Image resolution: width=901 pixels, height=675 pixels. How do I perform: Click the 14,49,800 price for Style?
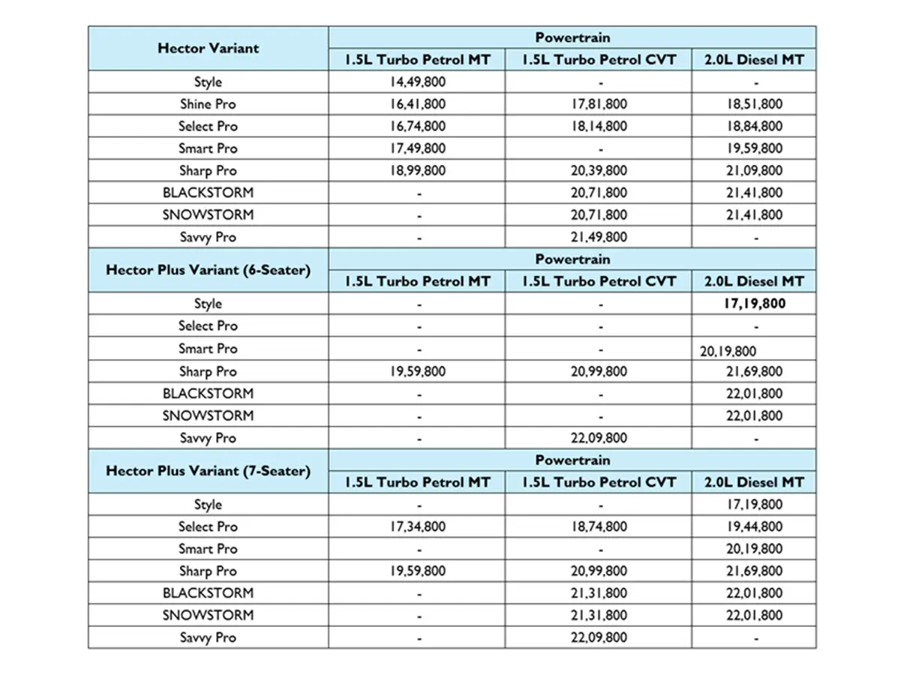point(417,82)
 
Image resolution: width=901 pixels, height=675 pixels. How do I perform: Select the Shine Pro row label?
point(207,104)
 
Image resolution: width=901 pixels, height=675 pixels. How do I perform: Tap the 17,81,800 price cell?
point(599,104)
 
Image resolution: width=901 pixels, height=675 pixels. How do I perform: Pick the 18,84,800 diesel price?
point(754,126)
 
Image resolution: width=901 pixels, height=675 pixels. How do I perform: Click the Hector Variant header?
point(208,48)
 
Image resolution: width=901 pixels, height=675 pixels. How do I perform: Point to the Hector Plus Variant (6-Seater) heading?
point(208,270)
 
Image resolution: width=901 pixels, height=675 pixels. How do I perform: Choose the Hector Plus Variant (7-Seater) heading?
point(208,471)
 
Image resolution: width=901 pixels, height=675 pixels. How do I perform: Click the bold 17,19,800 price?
point(754,304)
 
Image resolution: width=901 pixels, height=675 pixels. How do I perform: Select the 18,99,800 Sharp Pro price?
point(417,170)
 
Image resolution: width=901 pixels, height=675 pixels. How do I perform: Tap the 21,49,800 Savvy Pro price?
point(599,237)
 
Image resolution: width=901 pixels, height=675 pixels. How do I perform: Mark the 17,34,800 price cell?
point(417,526)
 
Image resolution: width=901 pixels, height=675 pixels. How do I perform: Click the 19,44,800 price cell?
point(754,526)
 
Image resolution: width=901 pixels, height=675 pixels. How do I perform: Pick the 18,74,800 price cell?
point(599,526)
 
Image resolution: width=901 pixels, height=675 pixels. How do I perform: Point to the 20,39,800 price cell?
point(599,170)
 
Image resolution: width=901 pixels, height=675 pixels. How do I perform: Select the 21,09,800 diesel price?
point(754,170)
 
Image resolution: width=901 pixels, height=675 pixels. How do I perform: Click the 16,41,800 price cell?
point(417,104)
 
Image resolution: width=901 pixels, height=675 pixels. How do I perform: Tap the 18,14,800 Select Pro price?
point(599,126)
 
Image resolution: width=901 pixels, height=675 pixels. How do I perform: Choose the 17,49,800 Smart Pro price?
point(417,148)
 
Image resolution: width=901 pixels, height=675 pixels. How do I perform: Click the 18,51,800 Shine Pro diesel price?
point(754,104)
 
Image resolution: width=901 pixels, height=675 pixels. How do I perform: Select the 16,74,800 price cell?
point(417,126)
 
